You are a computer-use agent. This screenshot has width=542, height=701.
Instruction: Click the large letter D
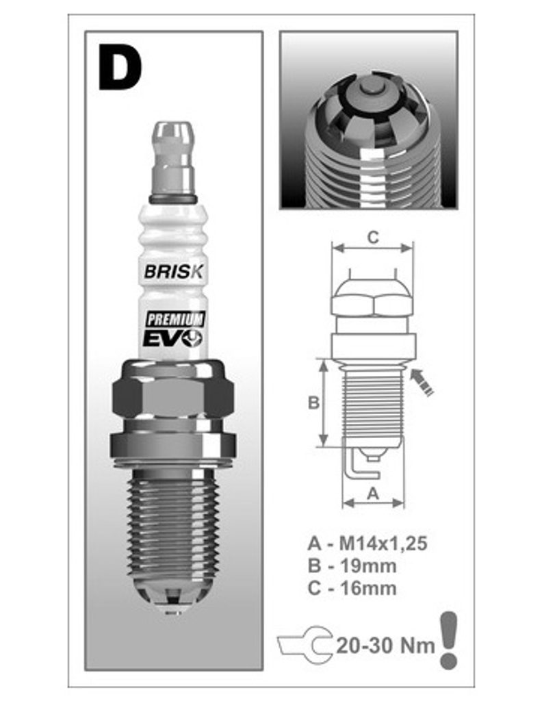pos(119,67)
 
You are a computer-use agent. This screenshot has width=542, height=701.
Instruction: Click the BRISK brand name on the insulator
pos(174,271)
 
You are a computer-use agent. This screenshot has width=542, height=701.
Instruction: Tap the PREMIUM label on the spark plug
pos(175,319)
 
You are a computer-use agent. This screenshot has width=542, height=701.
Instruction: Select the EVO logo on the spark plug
pos(172,337)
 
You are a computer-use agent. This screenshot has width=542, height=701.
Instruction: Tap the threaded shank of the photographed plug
pos(173,523)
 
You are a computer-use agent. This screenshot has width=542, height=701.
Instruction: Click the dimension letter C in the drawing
pos(373,238)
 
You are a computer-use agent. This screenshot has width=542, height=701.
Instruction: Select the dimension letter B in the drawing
pos(313,403)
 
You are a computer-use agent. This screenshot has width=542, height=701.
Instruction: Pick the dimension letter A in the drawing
pos(373,494)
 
